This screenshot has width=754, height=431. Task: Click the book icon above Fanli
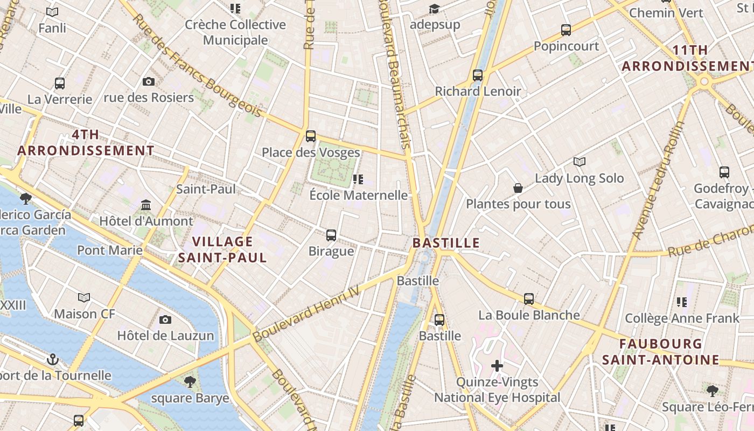[52, 12]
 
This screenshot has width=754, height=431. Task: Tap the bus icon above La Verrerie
[60, 84]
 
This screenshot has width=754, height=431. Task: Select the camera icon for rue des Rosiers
[149, 82]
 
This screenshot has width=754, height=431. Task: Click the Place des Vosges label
[311, 152]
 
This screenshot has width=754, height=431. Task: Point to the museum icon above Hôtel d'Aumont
[146, 205]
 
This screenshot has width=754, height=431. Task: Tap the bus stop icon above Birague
[331, 235]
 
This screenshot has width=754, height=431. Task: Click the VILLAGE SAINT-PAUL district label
[222, 249]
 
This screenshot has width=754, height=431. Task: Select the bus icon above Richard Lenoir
[478, 75]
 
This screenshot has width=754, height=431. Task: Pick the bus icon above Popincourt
[566, 30]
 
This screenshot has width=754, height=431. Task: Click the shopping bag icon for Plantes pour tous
[518, 188]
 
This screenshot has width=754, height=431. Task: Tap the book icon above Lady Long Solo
[580, 162]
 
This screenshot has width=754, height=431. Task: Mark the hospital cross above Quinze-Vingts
[497, 366]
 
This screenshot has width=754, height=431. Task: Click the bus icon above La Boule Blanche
[529, 299]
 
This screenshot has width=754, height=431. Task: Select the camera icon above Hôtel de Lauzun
[165, 319]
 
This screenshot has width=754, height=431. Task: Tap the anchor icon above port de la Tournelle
[53, 359]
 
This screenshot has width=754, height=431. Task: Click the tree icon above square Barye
[190, 383]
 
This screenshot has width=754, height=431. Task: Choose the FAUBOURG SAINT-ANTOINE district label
[660, 352]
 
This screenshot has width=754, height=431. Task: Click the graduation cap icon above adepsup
[434, 9]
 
